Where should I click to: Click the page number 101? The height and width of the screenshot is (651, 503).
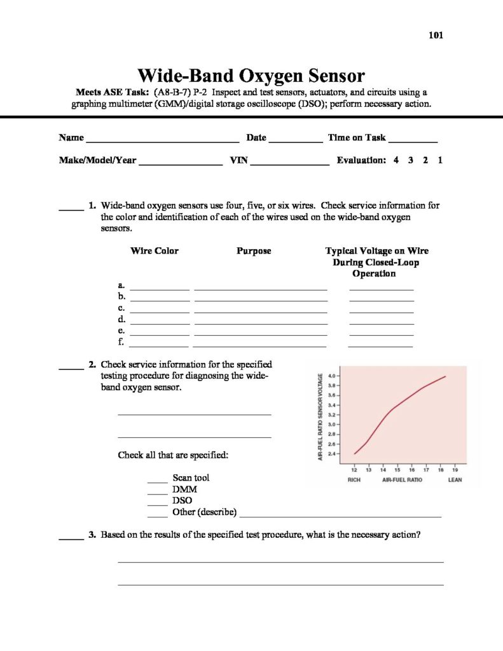tap(436, 35)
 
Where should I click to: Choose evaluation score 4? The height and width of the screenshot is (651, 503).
tap(396, 161)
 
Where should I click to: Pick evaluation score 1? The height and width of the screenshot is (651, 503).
tap(440, 161)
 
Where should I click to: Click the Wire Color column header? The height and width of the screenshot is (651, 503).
tap(155, 251)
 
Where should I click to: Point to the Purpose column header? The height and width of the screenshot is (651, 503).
tap(254, 251)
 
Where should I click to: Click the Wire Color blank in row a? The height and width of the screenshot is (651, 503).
tap(160, 289)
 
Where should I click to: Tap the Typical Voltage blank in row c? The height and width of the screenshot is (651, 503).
tap(382, 312)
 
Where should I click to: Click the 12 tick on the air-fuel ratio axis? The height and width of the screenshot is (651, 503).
tap(354, 470)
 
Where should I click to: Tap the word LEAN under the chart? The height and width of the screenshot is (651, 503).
tap(455, 480)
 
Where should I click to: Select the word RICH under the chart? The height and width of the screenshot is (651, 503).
tap(354, 480)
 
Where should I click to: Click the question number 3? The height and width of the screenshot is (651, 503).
tap(92, 535)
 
